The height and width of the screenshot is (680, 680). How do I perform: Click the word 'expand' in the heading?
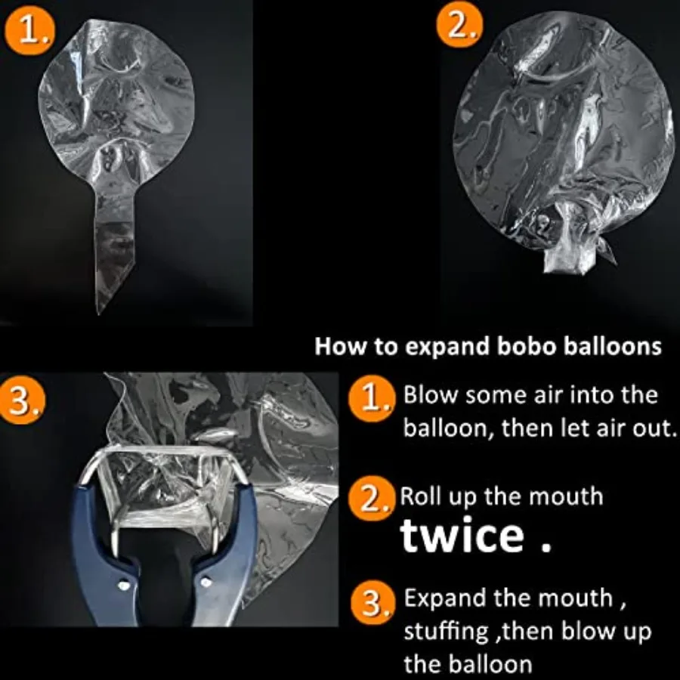436,348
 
